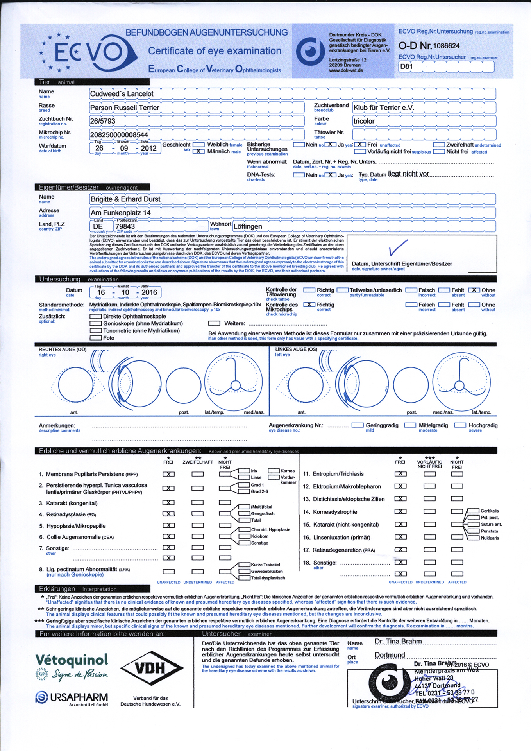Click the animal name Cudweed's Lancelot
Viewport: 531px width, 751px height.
(x=122, y=94)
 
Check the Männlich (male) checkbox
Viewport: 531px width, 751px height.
(x=198, y=151)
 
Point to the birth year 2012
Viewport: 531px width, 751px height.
(x=148, y=148)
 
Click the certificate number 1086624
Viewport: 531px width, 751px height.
(x=446, y=46)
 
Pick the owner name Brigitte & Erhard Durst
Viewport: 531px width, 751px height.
(x=125, y=199)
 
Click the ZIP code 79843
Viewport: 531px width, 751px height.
(x=125, y=226)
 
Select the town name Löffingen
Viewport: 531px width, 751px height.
(x=248, y=226)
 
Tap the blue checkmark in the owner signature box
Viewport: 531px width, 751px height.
(x=398, y=248)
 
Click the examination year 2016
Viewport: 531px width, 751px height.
(x=149, y=292)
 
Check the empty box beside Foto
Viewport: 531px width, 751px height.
(x=95, y=338)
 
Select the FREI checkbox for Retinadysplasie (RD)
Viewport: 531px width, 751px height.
(x=168, y=514)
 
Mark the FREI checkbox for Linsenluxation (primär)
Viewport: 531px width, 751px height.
(x=400, y=537)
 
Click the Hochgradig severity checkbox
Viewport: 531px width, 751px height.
(x=460, y=425)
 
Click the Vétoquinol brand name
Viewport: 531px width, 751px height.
(x=72, y=660)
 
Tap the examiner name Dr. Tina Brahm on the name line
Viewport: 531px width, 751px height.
(x=398, y=642)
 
